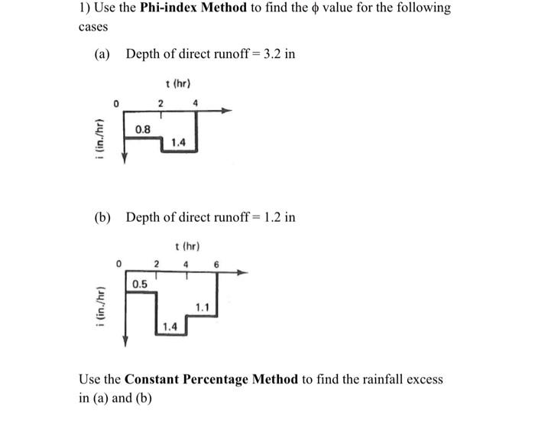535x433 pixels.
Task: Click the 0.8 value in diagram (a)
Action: (142, 130)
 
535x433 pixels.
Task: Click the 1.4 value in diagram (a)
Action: (178, 142)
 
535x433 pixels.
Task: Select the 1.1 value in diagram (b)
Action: (203, 308)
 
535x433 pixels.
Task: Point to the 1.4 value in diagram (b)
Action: (170, 327)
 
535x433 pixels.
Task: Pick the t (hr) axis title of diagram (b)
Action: (187, 246)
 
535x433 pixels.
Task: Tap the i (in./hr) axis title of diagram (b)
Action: (97, 306)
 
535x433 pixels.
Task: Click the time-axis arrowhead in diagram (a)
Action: (225, 111)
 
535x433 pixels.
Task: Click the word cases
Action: (93, 27)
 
